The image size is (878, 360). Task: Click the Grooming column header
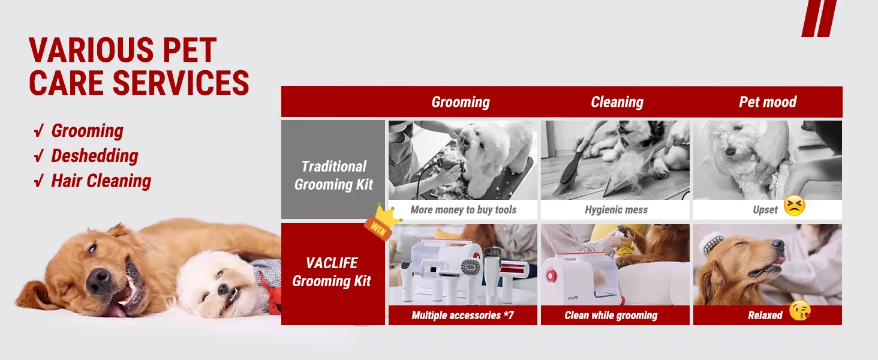pos(461,102)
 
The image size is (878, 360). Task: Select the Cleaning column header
pos(617,102)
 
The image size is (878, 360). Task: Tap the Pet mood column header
pos(768,102)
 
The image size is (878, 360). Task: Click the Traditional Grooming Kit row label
pos(333,175)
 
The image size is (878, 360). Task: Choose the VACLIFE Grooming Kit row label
pos(332,272)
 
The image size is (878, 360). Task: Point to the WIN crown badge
pos(382,223)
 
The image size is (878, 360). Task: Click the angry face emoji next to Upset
pos(794,205)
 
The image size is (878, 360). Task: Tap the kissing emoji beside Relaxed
pos(800,311)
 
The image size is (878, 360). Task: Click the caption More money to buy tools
pos(464,210)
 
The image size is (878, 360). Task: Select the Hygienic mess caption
pos(616,210)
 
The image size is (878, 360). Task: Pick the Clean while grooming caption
pos(611,315)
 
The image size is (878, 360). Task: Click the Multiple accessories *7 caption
pos(462,315)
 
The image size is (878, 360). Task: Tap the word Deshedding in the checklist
pos(95,156)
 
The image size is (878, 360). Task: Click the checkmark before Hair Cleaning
pos(38,181)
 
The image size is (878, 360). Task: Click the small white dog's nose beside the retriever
pos(222,289)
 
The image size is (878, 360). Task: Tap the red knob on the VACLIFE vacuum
pos(551,275)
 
